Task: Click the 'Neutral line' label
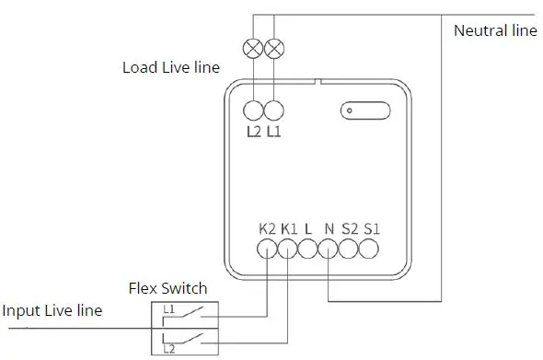pos(494,30)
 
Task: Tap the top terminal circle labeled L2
pos(254,111)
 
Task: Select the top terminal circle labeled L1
pos(273,111)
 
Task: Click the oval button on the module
pos(360,111)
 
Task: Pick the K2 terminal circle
pos(267,248)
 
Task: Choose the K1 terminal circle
pos(287,248)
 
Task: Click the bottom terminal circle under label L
pos(307,248)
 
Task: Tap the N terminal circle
pos(328,248)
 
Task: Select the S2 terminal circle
pos(348,248)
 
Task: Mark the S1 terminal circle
pos(369,248)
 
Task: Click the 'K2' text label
pos(267,226)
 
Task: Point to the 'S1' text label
pos(372,226)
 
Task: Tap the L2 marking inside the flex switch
pos(168,349)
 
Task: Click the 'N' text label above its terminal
pos(329,226)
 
